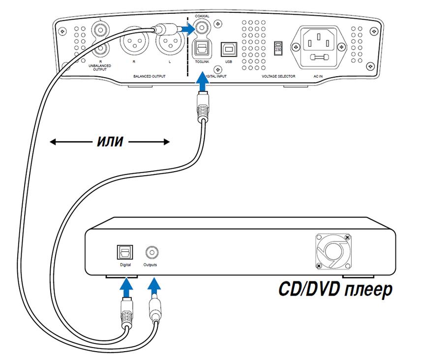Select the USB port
click(228, 48)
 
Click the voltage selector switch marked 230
click(277, 47)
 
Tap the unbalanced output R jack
click(100, 49)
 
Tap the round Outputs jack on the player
click(151, 252)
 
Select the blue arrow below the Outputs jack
click(154, 287)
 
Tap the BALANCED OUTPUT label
click(150, 77)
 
